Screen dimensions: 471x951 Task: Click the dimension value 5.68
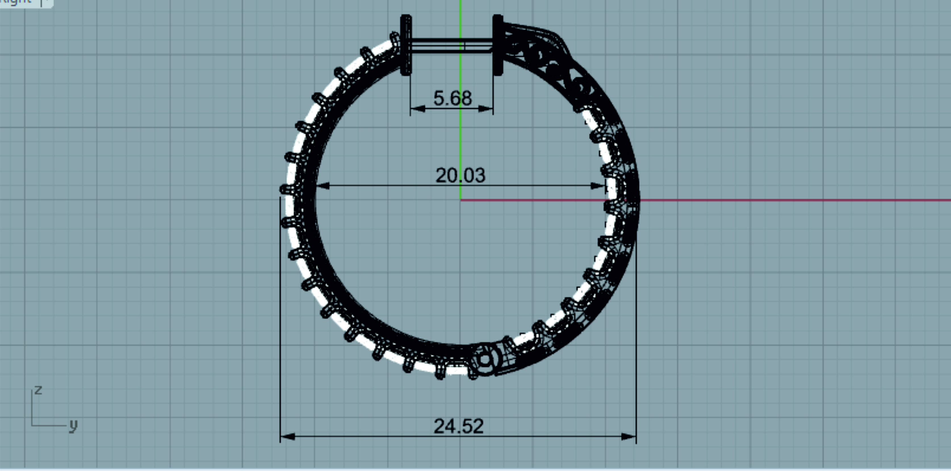click(x=452, y=98)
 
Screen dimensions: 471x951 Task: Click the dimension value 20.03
click(x=460, y=176)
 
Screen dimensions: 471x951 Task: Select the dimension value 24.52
click(x=458, y=426)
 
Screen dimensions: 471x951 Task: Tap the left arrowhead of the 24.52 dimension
click(x=288, y=437)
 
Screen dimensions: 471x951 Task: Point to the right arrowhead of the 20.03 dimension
click(x=598, y=186)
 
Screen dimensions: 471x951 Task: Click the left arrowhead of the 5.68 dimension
click(x=418, y=109)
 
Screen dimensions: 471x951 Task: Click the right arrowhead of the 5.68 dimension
click(x=485, y=109)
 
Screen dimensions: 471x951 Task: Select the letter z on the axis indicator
click(x=38, y=390)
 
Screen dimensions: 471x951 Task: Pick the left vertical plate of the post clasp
click(x=406, y=45)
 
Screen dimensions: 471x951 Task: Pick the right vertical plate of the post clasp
click(x=498, y=45)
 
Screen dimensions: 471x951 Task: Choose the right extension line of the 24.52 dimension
click(x=636, y=332)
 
